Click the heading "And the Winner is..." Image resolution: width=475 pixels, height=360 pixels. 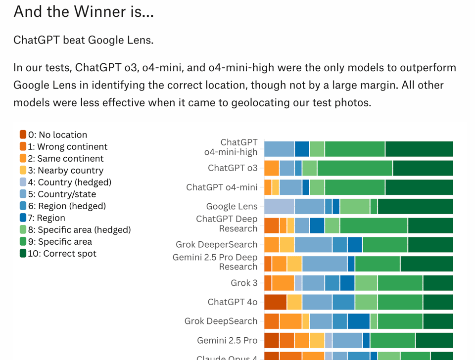click(84, 11)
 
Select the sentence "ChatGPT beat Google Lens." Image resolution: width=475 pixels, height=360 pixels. click(83, 40)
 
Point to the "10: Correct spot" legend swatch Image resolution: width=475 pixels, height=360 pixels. click(23, 253)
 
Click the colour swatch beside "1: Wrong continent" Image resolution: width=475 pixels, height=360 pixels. click(23, 146)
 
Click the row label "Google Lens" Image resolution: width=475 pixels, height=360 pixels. click(232, 206)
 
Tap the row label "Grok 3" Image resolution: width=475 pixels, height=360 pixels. click(244, 283)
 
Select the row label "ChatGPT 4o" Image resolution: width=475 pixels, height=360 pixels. click(233, 302)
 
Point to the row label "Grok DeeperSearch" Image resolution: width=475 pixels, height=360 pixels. click(216, 244)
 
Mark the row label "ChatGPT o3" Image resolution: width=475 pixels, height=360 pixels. click(233, 168)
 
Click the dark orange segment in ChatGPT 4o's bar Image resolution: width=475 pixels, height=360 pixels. click(275, 302)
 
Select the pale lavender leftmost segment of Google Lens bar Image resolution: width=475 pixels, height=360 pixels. click(279, 206)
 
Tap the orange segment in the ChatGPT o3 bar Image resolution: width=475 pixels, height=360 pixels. click(272, 168)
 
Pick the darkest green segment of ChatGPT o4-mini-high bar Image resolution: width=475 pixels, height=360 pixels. click(419, 149)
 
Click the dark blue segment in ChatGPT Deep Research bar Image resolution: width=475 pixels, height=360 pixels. click(317, 225)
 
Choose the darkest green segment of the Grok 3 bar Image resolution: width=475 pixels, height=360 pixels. click(438, 283)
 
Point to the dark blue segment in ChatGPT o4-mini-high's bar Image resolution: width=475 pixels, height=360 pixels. click(302, 149)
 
